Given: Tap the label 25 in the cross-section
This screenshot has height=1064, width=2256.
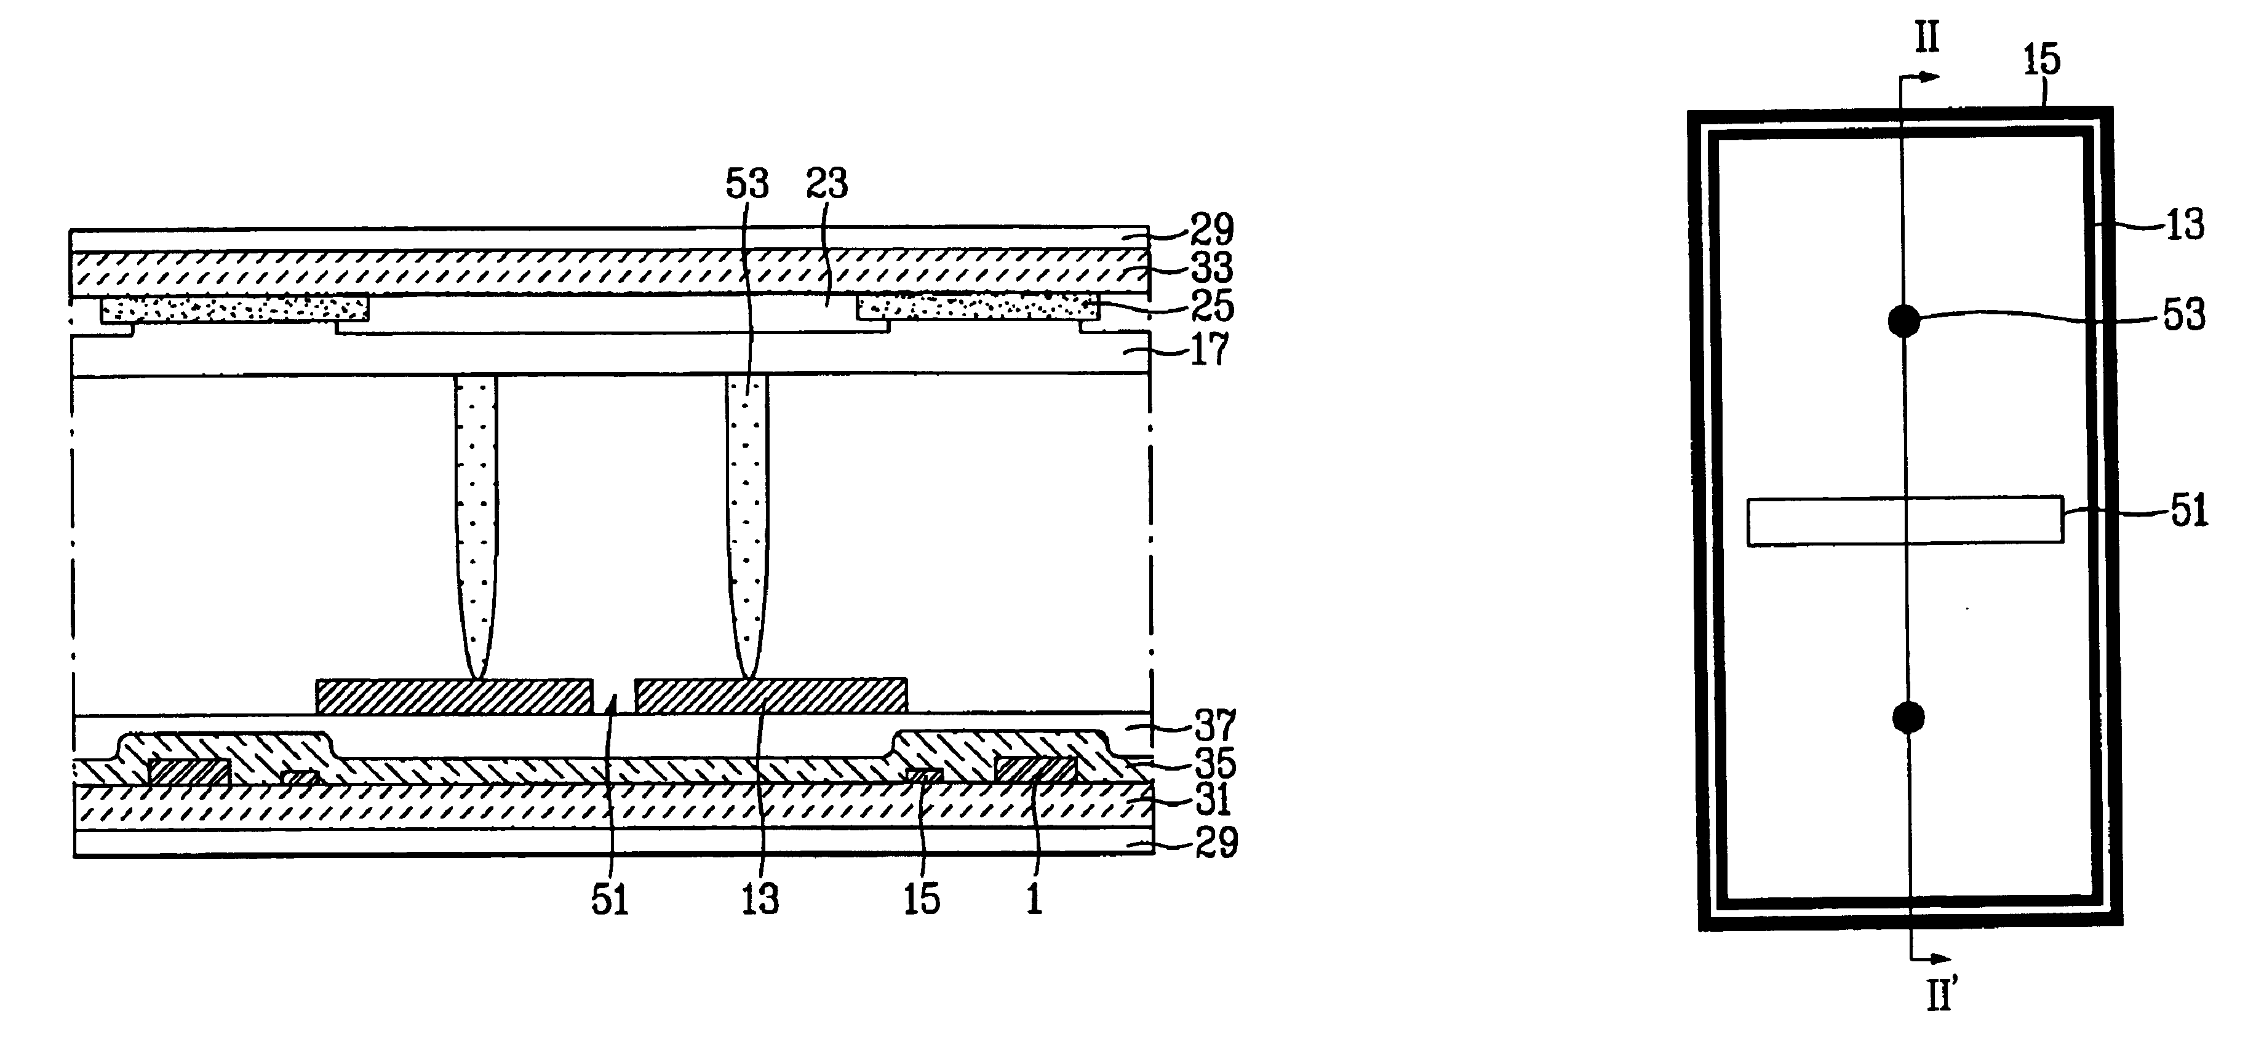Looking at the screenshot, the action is (x=1212, y=306).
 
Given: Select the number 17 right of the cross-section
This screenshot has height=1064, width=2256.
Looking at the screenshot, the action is (x=1210, y=349).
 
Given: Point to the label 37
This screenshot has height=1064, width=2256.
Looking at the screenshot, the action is (x=1216, y=726).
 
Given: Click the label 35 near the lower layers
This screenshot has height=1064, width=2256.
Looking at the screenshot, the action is (x=1216, y=764).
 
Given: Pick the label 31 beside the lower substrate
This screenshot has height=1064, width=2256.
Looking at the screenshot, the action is (x=1214, y=800).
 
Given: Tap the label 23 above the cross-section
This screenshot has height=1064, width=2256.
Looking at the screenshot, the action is (x=827, y=184).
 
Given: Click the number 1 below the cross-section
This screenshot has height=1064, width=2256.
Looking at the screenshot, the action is (x=1034, y=899).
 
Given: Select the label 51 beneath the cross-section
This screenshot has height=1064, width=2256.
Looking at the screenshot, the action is (x=610, y=899).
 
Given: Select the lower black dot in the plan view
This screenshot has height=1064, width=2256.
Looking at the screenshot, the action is (x=1908, y=717).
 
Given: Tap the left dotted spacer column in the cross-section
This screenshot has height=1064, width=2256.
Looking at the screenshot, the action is (x=476, y=525).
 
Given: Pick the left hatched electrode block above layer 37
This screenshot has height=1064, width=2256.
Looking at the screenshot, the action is (x=453, y=696).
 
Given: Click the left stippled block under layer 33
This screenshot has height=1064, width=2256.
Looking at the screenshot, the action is (x=235, y=308).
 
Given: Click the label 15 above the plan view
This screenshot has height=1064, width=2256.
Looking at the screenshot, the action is (x=2041, y=60).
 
